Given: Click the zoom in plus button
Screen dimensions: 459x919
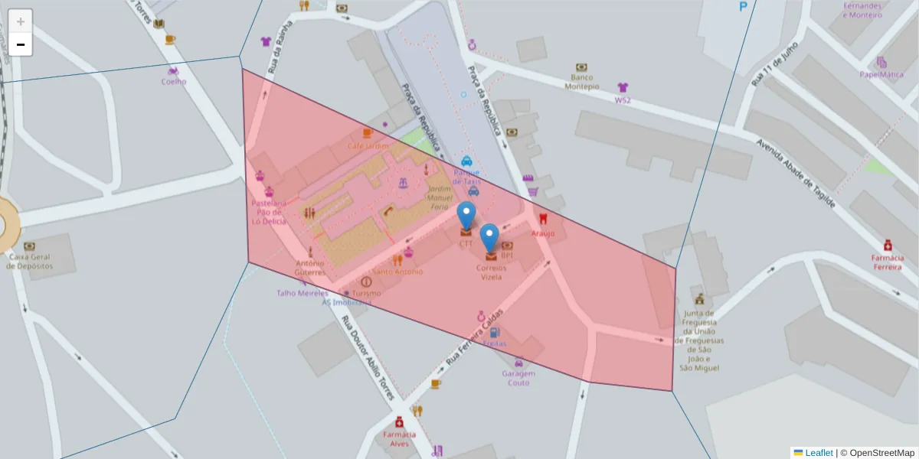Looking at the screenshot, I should [21, 21].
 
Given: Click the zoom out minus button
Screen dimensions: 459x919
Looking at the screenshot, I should [21, 44].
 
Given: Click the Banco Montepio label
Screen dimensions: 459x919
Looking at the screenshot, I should [582, 82].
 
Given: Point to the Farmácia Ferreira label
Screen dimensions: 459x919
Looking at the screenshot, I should [887, 262].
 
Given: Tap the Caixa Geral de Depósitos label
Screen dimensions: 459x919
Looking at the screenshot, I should [30, 261].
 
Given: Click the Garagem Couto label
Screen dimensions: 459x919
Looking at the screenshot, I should [518, 378].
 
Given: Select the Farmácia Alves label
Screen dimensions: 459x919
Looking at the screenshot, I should [399, 438].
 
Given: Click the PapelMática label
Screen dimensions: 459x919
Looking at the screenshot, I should [881, 75].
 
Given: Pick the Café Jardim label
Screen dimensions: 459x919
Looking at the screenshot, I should [368, 145].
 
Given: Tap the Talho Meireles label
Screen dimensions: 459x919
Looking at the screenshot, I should [302, 292].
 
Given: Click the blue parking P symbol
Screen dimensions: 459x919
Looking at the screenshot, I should [742, 7].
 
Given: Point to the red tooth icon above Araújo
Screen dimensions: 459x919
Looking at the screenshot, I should [544, 217].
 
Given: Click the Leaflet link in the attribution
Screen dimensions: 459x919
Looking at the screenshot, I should [818, 453].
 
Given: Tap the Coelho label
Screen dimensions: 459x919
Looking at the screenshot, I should [174, 82].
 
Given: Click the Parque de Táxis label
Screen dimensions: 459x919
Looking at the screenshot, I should [466, 177].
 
